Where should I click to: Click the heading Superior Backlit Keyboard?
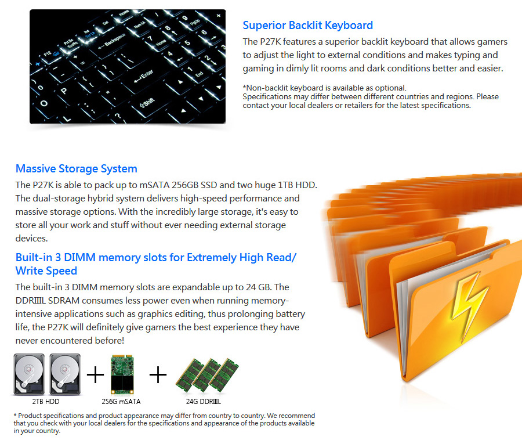click(307, 26)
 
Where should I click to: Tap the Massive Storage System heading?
click(76, 169)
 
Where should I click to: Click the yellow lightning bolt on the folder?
click(469, 305)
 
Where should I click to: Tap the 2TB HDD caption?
click(46, 402)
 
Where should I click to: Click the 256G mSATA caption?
click(121, 402)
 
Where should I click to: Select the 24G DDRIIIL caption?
click(204, 402)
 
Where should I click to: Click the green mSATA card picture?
click(122, 374)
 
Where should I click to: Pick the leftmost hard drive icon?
click(29, 374)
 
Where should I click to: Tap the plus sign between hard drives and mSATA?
click(95, 375)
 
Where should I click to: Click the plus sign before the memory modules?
click(158, 375)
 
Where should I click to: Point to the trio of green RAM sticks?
click(207, 375)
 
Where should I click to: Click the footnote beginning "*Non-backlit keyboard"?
click(325, 88)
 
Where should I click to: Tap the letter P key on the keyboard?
click(63, 91)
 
